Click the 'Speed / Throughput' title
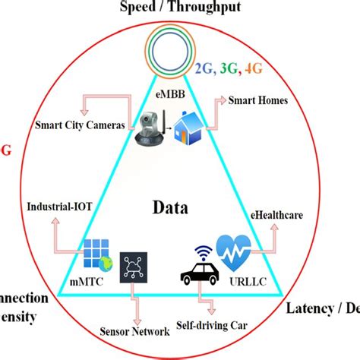(180, 8)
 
